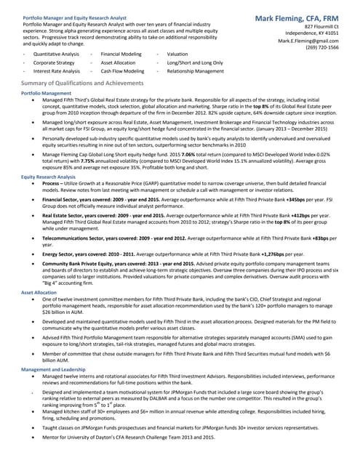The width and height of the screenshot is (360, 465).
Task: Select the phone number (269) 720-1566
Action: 321,49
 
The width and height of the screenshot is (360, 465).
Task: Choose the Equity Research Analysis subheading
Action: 48,177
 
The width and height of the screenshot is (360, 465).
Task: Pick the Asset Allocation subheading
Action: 37,291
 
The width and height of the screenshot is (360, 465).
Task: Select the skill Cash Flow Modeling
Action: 122,71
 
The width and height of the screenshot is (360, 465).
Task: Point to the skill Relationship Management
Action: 195,71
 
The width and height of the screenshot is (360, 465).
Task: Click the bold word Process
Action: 52,184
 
